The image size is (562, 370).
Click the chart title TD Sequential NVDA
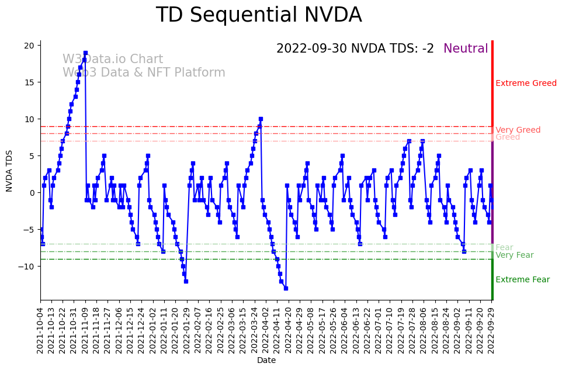259,16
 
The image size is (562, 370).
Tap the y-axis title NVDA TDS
9,170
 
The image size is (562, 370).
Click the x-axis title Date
266,361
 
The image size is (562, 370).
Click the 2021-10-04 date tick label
40,330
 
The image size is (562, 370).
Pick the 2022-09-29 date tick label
492,330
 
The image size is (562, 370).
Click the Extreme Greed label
526,84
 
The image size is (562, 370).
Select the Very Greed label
518,130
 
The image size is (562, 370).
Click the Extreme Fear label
522,280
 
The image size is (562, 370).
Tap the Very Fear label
514,255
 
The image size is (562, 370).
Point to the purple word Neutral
466,49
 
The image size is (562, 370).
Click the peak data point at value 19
85,53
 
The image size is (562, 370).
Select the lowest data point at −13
286,288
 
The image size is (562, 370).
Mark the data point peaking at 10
261,119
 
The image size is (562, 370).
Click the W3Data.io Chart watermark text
113,60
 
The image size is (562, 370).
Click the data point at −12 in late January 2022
186,281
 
